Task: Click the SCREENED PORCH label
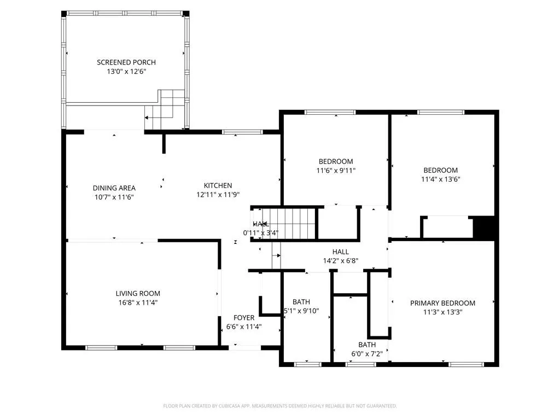tap(126, 62)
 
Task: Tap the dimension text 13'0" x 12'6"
tap(126, 72)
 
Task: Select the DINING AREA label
tap(114, 188)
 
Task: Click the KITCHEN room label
tap(218, 185)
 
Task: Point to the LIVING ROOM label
tap(138, 293)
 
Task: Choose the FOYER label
tap(244, 318)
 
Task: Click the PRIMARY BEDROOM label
tap(443, 303)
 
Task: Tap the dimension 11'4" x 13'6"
tap(441, 179)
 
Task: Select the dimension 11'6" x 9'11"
tap(336, 171)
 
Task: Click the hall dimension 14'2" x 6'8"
tap(341, 261)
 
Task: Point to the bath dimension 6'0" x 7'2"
tap(367, 354)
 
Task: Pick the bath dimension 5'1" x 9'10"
tap(301, 311)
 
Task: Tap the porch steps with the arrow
tap(166, 109)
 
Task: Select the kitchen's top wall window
tap(242, 132)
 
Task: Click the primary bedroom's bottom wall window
tap(466, 364)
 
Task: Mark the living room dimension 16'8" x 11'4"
tap(138, 302)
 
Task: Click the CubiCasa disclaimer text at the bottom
tap(280, 406)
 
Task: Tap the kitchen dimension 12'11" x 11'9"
tap(218, 195)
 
